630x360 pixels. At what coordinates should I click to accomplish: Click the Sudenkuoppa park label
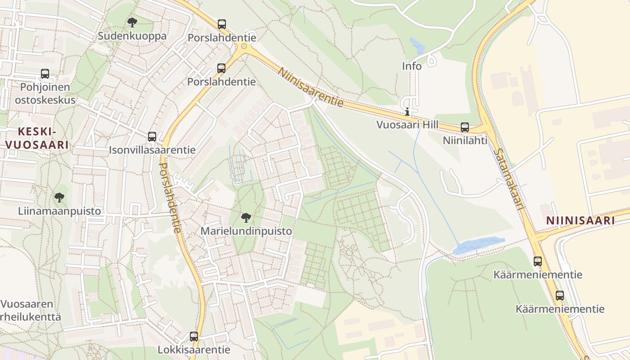132,36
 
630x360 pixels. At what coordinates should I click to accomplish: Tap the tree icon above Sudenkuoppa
132,22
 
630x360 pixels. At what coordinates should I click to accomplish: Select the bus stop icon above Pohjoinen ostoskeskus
45,73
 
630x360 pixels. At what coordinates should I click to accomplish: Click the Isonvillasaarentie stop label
152,150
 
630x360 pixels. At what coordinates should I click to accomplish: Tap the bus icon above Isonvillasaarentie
152,136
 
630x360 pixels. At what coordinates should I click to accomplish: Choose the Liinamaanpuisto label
59,211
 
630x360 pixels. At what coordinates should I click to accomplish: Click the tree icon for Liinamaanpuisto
59,197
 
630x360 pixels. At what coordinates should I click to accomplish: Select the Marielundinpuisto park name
246,231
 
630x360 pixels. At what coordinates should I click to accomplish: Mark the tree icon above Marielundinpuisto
246,218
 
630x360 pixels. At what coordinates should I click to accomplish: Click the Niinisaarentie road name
310,87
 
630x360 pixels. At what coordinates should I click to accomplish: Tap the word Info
412,66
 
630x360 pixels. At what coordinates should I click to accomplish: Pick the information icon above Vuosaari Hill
407,112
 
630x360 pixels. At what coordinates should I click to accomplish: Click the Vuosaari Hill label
408,125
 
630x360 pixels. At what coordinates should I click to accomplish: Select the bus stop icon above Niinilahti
465,127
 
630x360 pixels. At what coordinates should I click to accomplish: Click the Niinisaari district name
580,220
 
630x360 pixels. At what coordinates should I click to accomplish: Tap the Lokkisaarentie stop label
193,350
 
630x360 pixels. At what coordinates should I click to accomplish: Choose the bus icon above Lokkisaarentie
193,336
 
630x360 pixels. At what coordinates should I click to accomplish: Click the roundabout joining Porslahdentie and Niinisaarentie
244,46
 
